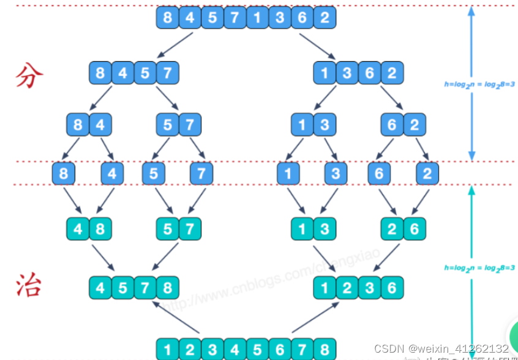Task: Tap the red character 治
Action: click(x=28, y=285)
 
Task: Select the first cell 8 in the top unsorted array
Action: click(x=168, y=17)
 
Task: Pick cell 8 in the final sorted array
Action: click(x=325, y=349)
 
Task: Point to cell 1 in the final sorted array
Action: click(x=168, y=349)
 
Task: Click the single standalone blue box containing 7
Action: click(x=201, y=173)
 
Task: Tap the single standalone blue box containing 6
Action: click(x=379, y=173)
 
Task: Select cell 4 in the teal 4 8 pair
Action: click(x=78, y=229)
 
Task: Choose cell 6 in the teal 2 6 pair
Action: click(x=415, y=229)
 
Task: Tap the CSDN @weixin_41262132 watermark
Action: click(x=441, y=348)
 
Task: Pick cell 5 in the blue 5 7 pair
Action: click(x=168, y=126)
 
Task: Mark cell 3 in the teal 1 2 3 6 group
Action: click(x=370, y=287)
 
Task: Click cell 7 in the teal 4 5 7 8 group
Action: click(x=145, y=287)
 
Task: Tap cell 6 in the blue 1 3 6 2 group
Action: click(x=370, y=73)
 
